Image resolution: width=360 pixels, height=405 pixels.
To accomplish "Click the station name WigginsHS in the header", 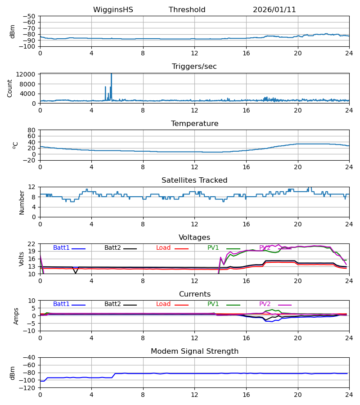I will click(x=113, y=10).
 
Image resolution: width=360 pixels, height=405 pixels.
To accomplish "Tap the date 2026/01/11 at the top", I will click(x=274, y=10).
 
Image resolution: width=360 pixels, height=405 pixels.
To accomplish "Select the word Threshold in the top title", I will click(x=187, y=10).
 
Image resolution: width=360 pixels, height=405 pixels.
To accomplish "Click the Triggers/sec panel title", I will click(x=194, y=67).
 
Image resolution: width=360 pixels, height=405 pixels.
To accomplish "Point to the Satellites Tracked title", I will click(x=194, y=180).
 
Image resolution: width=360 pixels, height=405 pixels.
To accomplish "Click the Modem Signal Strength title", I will click(x=194, y=351).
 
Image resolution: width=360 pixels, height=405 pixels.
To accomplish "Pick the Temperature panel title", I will click(x=194, y=124).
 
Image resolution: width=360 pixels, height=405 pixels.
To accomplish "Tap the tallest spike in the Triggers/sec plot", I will click(x=111, y=75).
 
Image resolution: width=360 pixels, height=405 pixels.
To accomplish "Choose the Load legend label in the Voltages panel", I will click(x=163, y=248).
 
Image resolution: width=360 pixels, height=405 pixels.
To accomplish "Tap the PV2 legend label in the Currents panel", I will click(x=265, y=304).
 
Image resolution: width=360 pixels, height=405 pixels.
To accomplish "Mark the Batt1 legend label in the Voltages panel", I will click(x=61, y=248).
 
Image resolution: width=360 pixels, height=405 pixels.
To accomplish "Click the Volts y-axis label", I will click(x=22, y=259).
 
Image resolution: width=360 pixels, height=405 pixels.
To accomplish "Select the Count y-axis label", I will click(x=10, y=88).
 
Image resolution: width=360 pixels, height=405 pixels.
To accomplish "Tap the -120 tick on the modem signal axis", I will click(x=27, y=388).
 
